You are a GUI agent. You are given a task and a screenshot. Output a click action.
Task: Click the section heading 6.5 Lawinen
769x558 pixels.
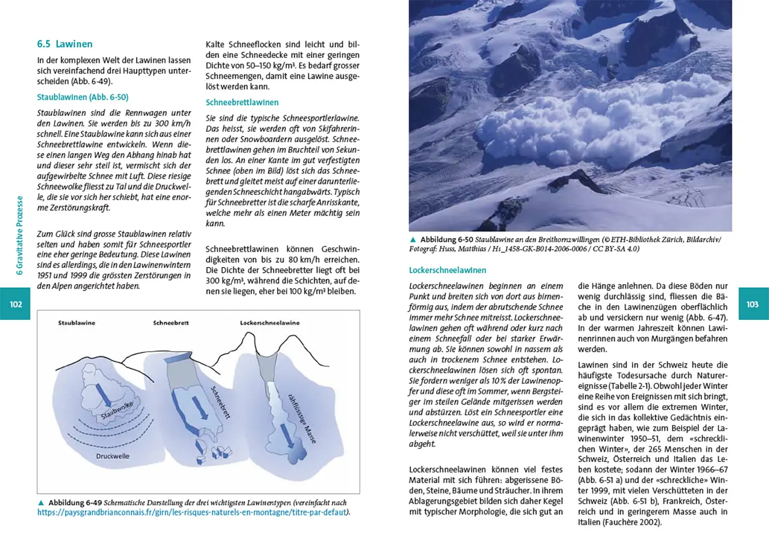click(65, 44)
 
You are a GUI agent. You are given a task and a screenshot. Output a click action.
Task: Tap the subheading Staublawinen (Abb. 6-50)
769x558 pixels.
click(83, 97)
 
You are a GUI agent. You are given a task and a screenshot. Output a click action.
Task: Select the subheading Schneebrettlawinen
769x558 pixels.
click(242, 102)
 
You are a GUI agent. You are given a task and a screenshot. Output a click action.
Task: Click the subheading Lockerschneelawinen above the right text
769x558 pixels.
click(448, 270)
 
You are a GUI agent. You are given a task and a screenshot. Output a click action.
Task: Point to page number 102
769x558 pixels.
click(16, 304)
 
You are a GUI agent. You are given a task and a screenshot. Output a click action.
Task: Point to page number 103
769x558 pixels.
click(752, 304)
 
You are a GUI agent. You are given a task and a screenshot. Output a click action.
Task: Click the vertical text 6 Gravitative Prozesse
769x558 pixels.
click(20, 235)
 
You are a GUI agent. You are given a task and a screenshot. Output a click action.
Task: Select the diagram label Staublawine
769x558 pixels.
click(76, 323)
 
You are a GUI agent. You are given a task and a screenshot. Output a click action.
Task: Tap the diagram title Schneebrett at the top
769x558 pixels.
click(171, 323)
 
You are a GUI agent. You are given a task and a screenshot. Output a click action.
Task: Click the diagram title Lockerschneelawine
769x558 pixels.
click(270, 323)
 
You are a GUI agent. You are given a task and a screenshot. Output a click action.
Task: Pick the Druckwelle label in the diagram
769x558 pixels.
click(113, 456)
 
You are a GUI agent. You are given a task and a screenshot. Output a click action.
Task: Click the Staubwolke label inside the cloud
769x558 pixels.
click(117, 410)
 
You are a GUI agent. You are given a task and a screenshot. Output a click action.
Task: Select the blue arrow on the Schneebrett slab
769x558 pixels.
click(200, 408)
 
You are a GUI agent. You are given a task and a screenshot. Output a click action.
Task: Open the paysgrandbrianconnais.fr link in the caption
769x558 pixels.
click(191, 513)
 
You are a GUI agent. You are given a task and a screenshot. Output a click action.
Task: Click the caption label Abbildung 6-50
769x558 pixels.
click(447, 240)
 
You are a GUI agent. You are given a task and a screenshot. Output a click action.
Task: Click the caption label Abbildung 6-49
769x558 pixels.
click(75, 503)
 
